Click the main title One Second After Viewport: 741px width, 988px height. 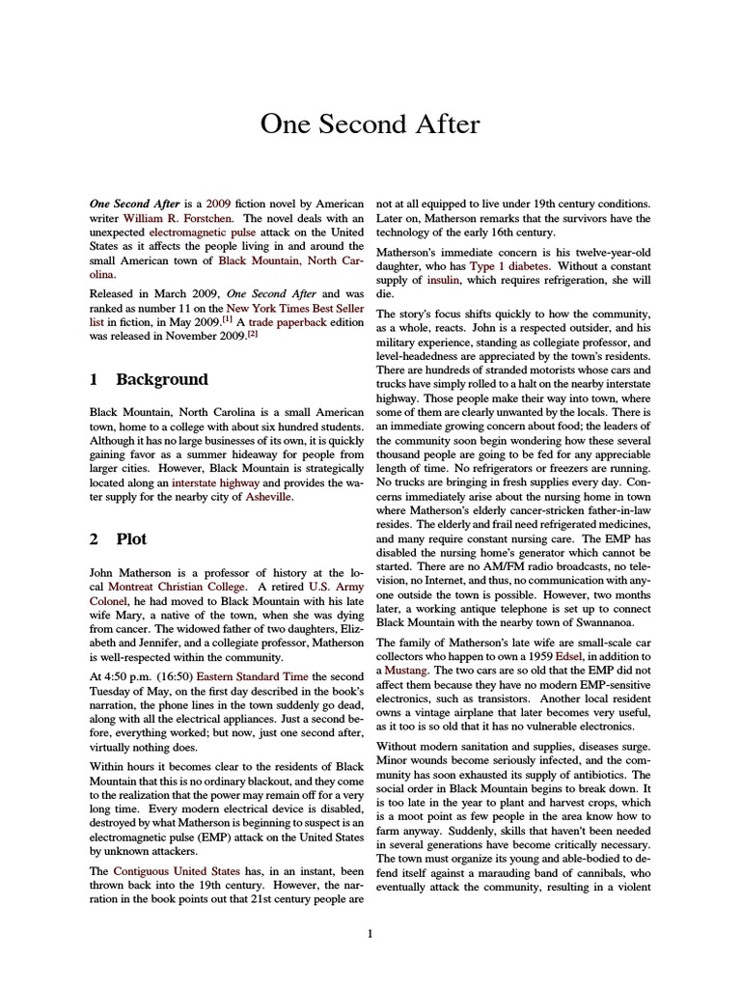pos(370,124)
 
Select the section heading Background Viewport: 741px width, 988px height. pos(161,380)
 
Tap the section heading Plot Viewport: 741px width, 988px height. pos(131,539)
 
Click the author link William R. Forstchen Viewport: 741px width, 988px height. pos(175,221)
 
